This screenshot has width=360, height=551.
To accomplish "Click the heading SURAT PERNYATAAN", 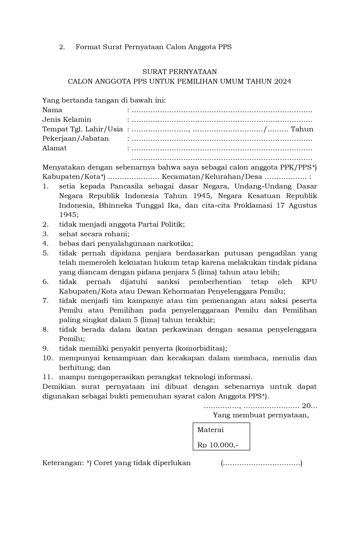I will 179,71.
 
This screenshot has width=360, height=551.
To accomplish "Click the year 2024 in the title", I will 282,81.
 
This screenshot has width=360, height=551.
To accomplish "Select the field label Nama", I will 52,110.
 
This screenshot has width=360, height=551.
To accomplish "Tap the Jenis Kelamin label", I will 67,120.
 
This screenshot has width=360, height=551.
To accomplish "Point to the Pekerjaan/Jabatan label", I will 75,138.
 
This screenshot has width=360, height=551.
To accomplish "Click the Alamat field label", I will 54,148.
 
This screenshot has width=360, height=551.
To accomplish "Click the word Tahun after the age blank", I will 302,129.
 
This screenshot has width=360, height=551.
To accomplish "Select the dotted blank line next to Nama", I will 222,110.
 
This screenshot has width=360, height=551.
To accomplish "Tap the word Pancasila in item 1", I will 128,186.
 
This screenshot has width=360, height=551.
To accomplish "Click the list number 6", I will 45,282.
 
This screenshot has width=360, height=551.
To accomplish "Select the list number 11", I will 47,377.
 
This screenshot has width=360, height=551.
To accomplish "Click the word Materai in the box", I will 210,430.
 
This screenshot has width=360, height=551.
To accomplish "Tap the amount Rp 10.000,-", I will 218,445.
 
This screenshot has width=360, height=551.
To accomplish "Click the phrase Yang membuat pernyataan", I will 261,415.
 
